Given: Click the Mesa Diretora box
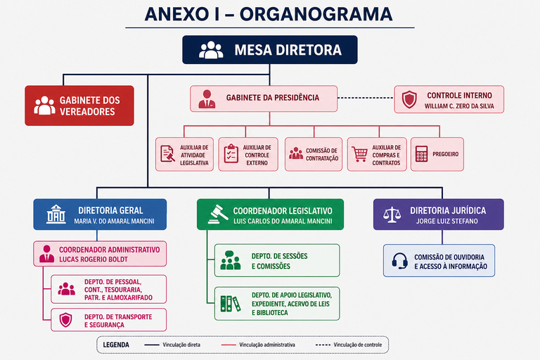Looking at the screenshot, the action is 270,50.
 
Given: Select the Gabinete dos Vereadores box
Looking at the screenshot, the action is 79,105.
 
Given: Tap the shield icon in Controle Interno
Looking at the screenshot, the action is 409,100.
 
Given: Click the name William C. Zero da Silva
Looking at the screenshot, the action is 459,106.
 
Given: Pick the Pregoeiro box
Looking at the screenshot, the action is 437,154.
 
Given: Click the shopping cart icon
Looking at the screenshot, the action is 360,154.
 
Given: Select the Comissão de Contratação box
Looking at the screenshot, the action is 314,154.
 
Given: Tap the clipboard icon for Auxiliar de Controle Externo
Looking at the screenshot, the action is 231,154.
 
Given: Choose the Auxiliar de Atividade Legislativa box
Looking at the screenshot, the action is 184,154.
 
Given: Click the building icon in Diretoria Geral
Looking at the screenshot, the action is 56,214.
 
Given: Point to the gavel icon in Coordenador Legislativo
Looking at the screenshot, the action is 219,214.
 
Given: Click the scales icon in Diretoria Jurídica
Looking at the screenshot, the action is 392,215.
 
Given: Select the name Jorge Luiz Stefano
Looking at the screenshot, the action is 446,221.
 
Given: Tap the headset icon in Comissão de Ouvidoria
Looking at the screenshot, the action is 400,261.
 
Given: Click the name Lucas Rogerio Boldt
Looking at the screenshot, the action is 94,259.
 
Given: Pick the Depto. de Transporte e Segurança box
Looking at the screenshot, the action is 108,320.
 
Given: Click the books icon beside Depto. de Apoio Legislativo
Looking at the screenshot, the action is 231,304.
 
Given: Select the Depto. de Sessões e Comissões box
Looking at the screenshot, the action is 277,260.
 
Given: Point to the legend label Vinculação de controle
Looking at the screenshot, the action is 357,345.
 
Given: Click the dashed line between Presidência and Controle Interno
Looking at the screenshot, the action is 366,98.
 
